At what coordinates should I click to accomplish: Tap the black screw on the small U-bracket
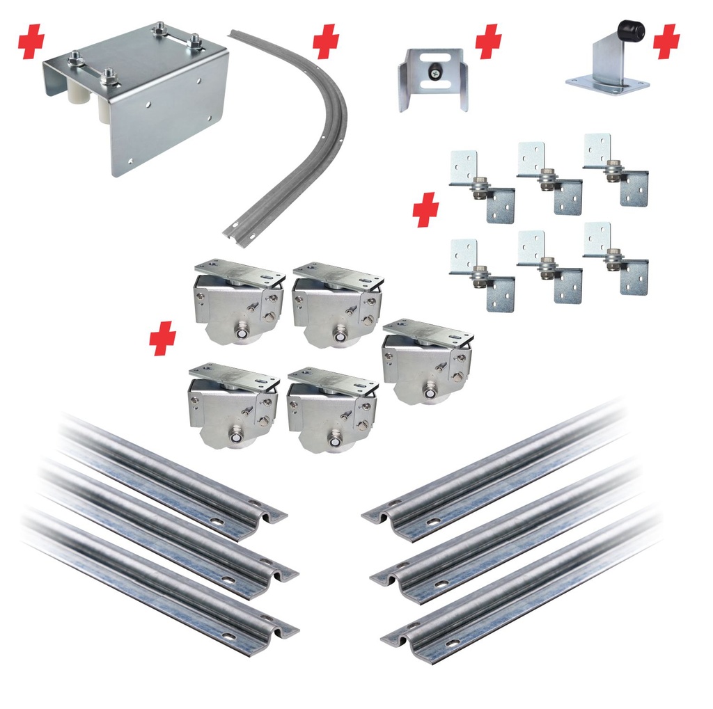click(434, 70)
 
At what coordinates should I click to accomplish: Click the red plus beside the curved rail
click(325, 42)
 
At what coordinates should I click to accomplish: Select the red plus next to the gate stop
click(666, 42)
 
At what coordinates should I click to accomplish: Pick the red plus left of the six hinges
click(425, 211)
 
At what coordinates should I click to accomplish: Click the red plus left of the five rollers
click(162, 339)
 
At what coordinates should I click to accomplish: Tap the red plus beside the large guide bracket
click(31, 42)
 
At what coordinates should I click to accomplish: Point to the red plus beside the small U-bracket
click(488, 42)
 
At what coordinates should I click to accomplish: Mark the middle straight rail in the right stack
click(508, 532)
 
